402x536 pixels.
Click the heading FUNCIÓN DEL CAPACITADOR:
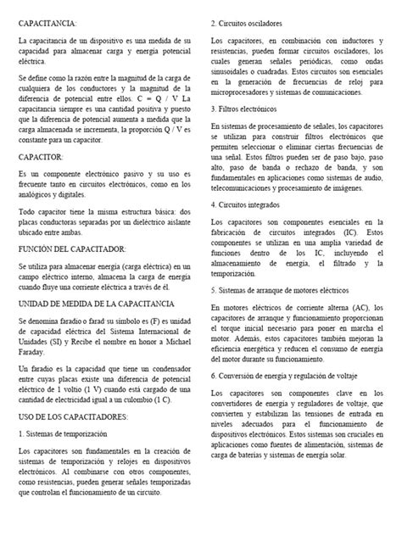click(x=72, y=248)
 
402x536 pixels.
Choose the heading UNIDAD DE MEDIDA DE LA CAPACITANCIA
click(x=97, y=303)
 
